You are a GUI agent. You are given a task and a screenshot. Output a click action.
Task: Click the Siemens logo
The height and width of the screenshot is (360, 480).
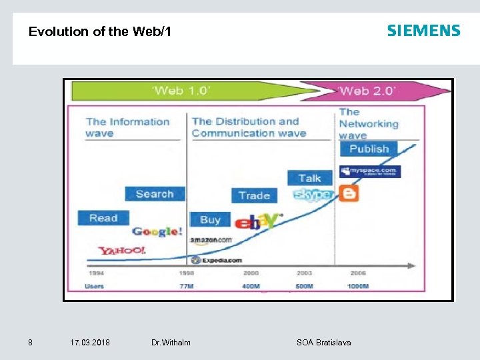tap(423, 31)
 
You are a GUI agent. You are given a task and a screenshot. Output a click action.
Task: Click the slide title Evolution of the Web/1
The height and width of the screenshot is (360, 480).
tap(100, 31)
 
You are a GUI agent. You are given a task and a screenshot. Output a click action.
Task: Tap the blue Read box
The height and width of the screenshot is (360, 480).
tap(103, 218)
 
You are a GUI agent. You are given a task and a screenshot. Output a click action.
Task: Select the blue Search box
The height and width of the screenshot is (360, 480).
tap(155, 194)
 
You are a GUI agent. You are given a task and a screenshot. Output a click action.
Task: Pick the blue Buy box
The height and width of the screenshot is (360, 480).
tap(210, 219)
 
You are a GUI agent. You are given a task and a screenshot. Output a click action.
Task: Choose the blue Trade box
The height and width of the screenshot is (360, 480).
tap(254, 195)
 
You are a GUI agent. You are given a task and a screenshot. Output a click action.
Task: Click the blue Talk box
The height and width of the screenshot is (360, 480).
tap(309, 178)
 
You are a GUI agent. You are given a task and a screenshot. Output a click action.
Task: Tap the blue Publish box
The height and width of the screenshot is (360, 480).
tap(369, 149)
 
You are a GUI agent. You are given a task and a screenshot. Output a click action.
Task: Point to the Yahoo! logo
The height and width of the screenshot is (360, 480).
tap(122, 250)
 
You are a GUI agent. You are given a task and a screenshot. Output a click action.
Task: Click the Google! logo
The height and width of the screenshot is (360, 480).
tap(157, 231)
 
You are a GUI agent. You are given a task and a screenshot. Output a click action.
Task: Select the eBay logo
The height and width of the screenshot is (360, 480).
tap(257, 221)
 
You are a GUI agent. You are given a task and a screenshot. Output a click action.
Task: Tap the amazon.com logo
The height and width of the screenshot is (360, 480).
tap(211, 240)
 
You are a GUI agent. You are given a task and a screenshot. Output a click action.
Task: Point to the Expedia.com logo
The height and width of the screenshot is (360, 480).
tap(216, 260)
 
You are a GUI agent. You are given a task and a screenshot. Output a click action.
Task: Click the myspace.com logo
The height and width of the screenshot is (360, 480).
tap(369, 171)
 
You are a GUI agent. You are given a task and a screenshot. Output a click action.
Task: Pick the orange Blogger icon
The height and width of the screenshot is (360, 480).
tap(348, 193)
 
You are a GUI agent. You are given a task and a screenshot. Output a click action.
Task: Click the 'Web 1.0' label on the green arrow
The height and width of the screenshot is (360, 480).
tap(182, 90)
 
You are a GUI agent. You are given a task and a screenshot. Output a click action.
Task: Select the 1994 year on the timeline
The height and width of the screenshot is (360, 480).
tap(96, 273)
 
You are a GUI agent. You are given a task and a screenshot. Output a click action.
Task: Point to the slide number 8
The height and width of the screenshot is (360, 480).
tap(30, 343)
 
